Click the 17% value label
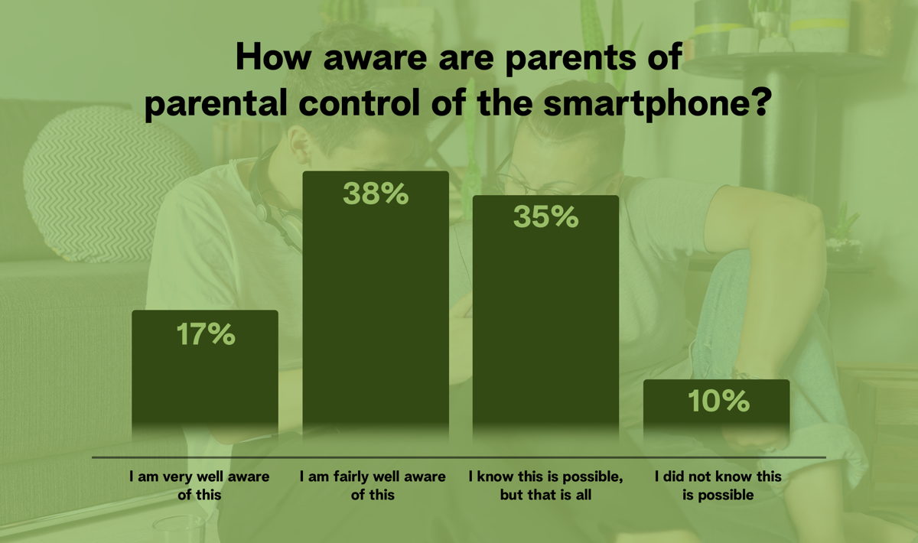coord(206,334)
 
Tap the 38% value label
coord(376,193)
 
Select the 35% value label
coord(546,216)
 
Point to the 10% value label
coord(719,402)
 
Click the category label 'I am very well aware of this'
coord(200,486)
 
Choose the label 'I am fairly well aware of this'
coord(373,486)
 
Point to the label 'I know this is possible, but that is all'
coord(546,486)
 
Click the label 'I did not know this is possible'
coord(718,486)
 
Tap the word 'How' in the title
coord(273,57)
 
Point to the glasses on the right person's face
coord(537,182)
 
